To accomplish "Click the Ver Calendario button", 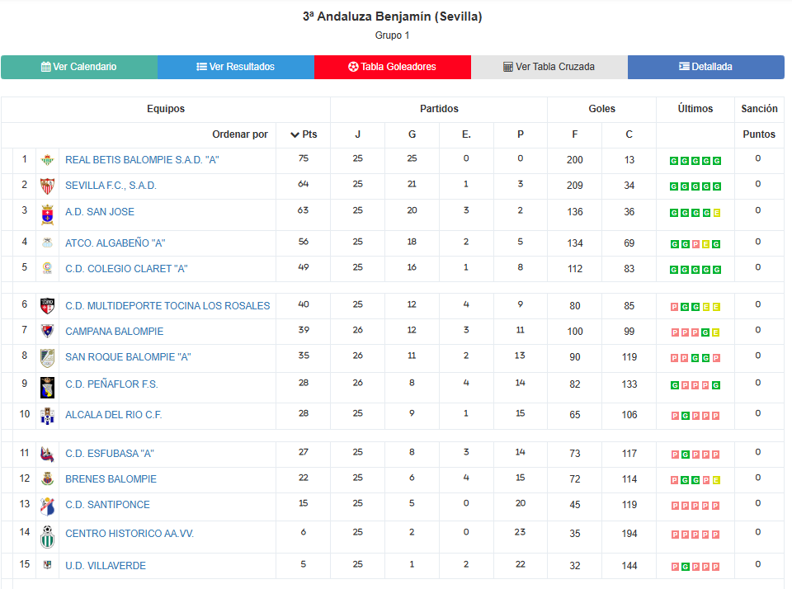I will pos(79,67).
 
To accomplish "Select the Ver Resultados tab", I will pos(236,67).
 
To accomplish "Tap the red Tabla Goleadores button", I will pos(393,67).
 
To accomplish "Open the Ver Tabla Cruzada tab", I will pos(549,67).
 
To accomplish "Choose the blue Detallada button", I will pos(706,67).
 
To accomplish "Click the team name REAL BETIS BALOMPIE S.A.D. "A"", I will pos(142,160).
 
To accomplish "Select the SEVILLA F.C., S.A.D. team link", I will pos(111,186).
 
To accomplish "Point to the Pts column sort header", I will pos(304,134).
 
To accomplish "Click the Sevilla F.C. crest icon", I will pos(47,186).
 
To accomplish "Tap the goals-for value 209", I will pos(575,186).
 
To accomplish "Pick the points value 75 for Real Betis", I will pos(304,158).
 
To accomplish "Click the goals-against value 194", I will pos(629,534).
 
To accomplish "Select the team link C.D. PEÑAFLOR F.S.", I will pos(111,384).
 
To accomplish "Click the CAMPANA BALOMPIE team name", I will pos(114,332).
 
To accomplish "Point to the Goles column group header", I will pos(601,109).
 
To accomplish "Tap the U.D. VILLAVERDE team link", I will pos(106,566).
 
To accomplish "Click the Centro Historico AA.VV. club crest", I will pos(47,536).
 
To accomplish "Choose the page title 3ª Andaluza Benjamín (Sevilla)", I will pos(393,16).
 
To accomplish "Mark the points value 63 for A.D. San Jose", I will pos(304,210).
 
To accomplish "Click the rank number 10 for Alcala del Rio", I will pos(25,413).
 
